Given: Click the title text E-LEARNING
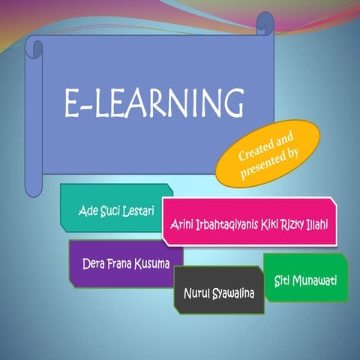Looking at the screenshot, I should point(153,102).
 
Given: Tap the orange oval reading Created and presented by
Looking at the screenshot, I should point(268,153).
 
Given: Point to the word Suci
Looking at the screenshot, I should point(108,208).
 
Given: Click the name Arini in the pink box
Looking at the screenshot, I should point(181,224).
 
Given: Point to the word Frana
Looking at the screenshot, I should point(118,263).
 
